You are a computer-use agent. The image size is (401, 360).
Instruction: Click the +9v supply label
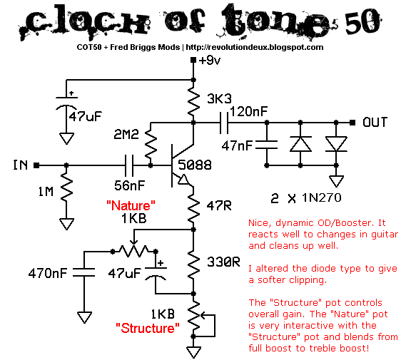point(210,61)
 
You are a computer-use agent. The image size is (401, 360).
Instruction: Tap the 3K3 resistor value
point(219,98)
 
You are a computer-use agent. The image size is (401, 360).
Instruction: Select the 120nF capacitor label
point(248,111)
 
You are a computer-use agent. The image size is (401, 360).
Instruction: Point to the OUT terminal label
point(375,123)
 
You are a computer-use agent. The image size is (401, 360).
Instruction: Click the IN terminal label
point(20,165)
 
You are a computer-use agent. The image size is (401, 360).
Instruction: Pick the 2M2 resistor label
point(126,135)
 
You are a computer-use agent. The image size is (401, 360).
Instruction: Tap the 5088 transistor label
point(195,165)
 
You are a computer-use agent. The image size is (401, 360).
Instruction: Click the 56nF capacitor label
point(130,185)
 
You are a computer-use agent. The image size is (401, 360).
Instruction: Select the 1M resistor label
point(46,192)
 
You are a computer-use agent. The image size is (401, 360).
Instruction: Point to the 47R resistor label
point(219,206)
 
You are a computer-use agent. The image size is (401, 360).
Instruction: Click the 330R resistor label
point(223,262)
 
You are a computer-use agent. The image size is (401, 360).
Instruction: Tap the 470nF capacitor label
point(48,273)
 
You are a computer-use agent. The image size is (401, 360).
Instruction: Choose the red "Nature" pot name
point(131,206)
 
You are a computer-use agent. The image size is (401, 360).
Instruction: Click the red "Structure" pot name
point(148,328)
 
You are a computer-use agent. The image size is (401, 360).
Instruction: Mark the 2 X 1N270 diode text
point(306,198)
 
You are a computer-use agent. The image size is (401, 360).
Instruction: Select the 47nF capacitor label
point(237,146)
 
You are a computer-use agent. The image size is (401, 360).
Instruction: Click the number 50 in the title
point(362,21)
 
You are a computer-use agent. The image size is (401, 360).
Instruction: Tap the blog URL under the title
point(255,47)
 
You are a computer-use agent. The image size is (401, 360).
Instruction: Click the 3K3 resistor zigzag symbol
point(193,101)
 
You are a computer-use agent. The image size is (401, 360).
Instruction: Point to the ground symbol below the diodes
point(336,181)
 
